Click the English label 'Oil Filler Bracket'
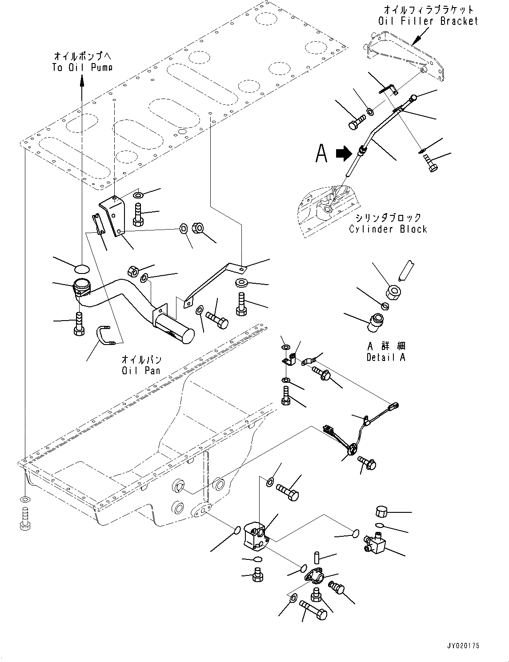[x=428, y=21]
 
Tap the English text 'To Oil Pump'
[x=82, y=67]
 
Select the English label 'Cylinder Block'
[x=388, y=229]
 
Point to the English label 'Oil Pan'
[x=141, y=370]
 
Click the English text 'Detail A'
[x=386, y=357]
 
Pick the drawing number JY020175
[x=463, y=646]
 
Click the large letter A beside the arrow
[x=321, y=153]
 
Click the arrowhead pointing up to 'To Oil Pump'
[x=82, y=79]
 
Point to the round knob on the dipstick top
[x=414, y=98]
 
